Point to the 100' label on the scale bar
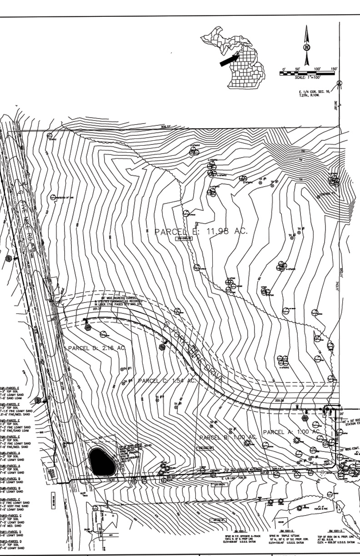(x=318, y=69)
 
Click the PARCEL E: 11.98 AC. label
(x=201, y=232)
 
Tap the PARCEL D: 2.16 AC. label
(x=96, y=348)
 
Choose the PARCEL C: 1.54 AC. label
(x=166, y=381)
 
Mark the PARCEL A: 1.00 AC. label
(x=291, y=432)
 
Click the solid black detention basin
(x=100, y=461)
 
